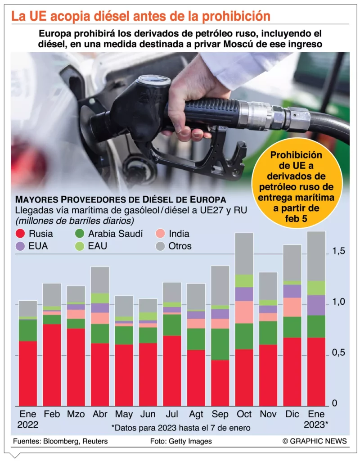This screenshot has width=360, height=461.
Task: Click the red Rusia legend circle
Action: pyautogui.click(x=20, y=234)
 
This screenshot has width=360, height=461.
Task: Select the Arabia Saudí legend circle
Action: pyautogui.click(x=80, y=234)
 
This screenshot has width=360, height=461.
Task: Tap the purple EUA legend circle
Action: pyautogui.click(x=20, y=246)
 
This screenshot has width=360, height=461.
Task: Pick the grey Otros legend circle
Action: pyautogui.click(x=160, y=246)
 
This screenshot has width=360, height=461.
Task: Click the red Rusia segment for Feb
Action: pyautogui.click(x=52, y=365)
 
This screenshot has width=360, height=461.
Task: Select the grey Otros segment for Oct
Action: pyautogui.click(x=244, y=253)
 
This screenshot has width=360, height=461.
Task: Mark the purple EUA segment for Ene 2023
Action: pyautogui.click(x=316, y=305)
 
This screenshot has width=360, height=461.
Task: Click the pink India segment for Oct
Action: pyautogui.click(x=244, y=312)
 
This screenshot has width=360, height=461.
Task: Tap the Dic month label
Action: pyautogui.click(x=292, y=414)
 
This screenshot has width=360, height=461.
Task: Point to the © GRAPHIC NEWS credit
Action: pyautogui.click(x=315, y=441)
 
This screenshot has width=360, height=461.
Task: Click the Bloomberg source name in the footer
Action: pyautogui.click(x=62, y=441)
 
